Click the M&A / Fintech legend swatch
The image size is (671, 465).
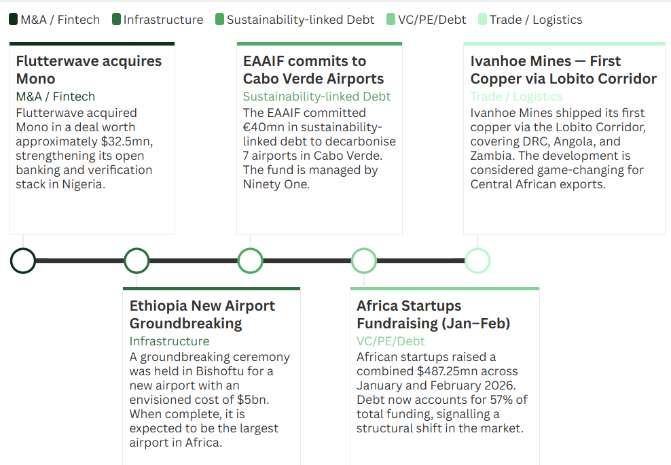(x=14, y=19)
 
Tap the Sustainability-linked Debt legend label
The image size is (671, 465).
(x=300, y=20)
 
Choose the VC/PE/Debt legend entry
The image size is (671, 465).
(x=432, y=20)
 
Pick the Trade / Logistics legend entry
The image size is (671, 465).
(x=536, y=20)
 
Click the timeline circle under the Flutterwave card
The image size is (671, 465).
(x=23, y=260)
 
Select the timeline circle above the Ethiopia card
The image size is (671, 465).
(x=137, y=260)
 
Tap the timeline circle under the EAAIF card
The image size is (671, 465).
(x=251, y=260)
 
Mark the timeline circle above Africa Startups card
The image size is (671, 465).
(x=364, y=260)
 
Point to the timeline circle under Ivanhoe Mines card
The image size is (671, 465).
(x=477, y=260)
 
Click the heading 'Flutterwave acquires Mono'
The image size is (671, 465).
(x=88, y=70)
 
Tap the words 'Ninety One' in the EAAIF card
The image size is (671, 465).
(x=276, y=184)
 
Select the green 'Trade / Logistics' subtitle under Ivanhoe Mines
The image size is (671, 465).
(x=517, y=97)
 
